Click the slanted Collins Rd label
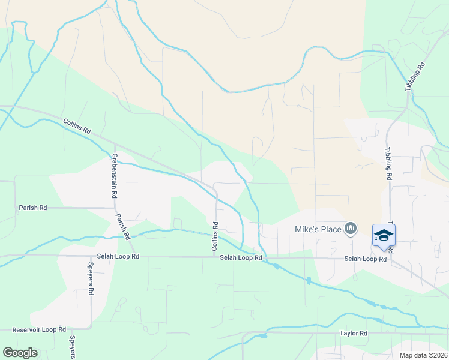click(77, 127)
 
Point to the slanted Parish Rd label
click(122, 227)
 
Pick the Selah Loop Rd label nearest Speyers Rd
click(119, 256)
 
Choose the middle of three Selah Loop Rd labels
click(241, 258)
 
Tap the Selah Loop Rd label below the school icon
click(365, 259)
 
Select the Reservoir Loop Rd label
click(39, 330)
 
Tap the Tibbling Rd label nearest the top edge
click(414, 76)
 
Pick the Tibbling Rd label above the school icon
click(388, 164)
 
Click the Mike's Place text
click(317, 229)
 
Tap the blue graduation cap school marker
click(384, 235)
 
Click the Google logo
click(20, 353)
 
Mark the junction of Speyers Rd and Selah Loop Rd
click(91, 256)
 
